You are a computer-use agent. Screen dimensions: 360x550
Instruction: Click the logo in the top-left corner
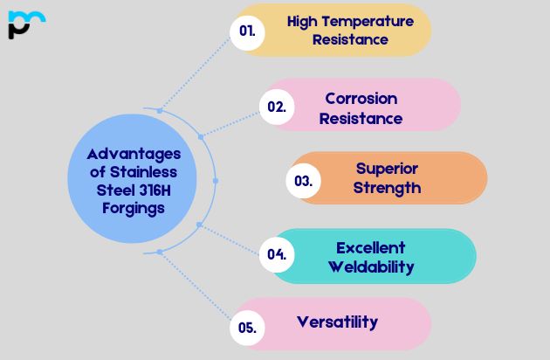click(25, 24)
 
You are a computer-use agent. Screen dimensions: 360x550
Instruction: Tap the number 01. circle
click(247, 31)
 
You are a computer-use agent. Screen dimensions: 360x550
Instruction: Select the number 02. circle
click(277, 107)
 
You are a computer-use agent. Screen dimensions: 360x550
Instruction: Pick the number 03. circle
click(304, 181)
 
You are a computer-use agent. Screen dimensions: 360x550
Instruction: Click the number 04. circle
click(277, 255)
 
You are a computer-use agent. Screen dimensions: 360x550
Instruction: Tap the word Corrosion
click(361, 98)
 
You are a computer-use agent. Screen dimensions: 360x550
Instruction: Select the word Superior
click(387, 169)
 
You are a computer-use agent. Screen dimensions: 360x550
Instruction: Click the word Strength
click(388, 188)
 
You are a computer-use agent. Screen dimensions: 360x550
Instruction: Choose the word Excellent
click(371, 247)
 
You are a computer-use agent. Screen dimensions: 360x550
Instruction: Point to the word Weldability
click(371, 267)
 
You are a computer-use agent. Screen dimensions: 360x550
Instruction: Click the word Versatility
click(337, 322)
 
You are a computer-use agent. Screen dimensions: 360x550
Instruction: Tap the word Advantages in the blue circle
click(127, 153)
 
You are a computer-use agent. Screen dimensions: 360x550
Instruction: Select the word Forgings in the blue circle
click(127, 208)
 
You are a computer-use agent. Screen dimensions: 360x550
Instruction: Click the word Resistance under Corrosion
click(361, 118)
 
